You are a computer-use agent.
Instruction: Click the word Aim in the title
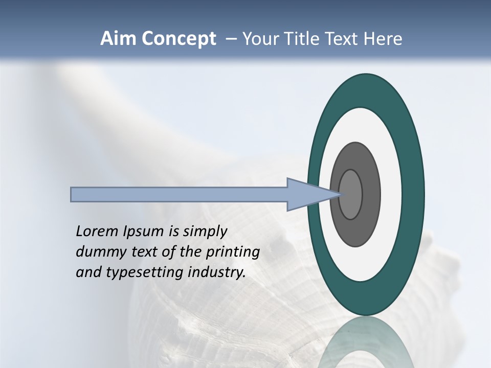click(116, 39)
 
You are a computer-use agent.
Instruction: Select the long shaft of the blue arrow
click(179, 195)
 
